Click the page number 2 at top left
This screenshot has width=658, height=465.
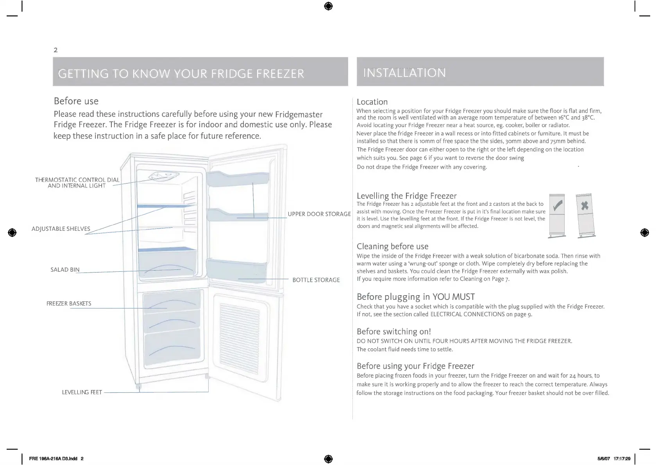[55, 50]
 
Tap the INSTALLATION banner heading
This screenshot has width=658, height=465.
[404, 73]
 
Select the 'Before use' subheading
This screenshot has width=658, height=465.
[76, 101]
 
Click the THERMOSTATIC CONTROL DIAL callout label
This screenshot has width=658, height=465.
[77, 183]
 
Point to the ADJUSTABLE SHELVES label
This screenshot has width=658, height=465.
[61, 229]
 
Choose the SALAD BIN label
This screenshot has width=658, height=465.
[65, 270]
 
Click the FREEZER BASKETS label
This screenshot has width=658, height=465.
[69, 304]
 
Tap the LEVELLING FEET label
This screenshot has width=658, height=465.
[82, 392]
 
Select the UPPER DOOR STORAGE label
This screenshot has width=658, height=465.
[319, 214]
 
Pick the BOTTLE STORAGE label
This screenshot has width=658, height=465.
[316, 280]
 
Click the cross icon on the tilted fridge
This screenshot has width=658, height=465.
[585, 206]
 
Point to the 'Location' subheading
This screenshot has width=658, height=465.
[372, 102]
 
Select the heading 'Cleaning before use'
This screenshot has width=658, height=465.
[392, 246]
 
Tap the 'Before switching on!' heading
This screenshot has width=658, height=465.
[393, 331]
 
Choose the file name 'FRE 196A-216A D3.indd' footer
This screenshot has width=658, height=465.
[53, 459]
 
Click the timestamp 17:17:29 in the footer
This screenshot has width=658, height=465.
[622, 459]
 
